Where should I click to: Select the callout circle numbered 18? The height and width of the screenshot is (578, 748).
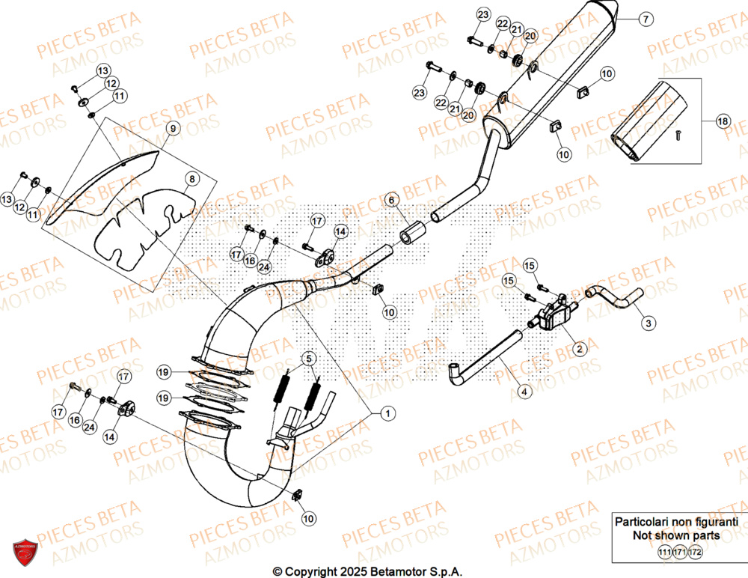(x=722, y=121)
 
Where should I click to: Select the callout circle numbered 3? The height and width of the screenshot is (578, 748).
(x=648, y=323)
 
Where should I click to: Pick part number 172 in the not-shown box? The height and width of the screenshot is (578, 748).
(x=696, y=552)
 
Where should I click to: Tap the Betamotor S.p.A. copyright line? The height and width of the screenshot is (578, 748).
(x=367, y=571)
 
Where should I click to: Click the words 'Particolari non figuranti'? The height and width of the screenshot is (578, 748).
(x=676, y=521)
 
